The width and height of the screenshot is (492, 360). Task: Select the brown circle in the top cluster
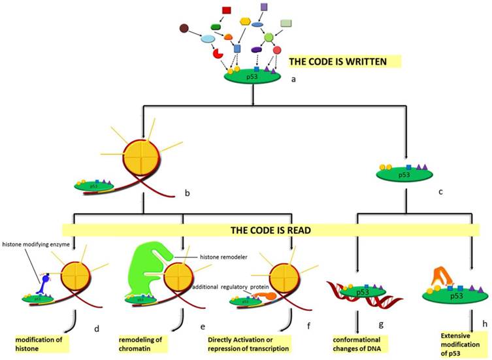coord(185,28)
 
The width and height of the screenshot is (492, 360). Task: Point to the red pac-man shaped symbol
coord(218,51)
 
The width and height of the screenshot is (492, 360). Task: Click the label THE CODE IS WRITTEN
coord(344,61)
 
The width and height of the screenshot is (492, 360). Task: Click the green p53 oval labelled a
coord(253,76)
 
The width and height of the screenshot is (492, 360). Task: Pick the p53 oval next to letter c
coord(406,176)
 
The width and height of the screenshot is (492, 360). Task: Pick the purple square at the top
coord(263,7)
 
